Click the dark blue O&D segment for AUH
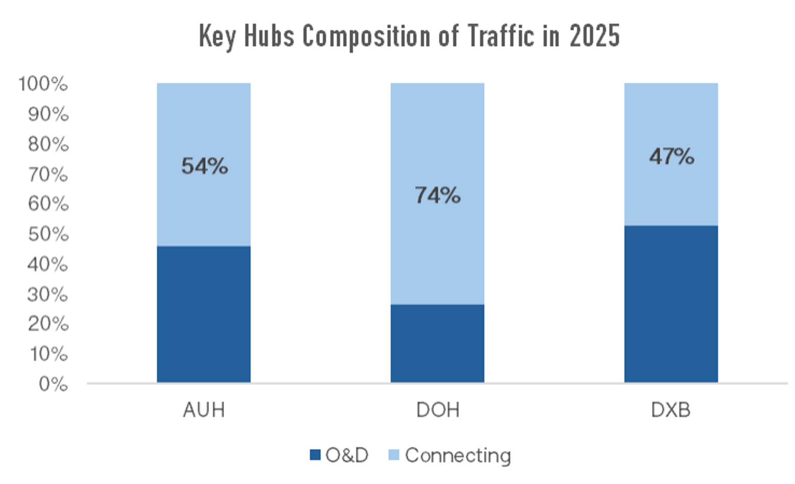tap(204, 314)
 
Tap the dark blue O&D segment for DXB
tap(671, 304)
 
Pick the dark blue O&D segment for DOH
tap(437, 343)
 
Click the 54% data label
tap(205, 166)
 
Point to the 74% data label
tap(438, 195)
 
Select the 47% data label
tap(672, 156)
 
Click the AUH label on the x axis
tap(204, 410)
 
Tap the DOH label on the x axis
tap(438, 410)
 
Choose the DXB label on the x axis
tap(671, 410)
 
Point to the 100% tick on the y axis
tap(43, 84)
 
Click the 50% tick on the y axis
tap(47, 234)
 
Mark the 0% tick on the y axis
tap(53, 384)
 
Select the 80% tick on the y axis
tap(47, 144)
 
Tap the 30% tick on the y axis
tap(47, 295)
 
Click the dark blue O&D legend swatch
tap(315, 454)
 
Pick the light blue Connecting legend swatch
tap(393, 454)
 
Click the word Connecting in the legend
tap(458, 455)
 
